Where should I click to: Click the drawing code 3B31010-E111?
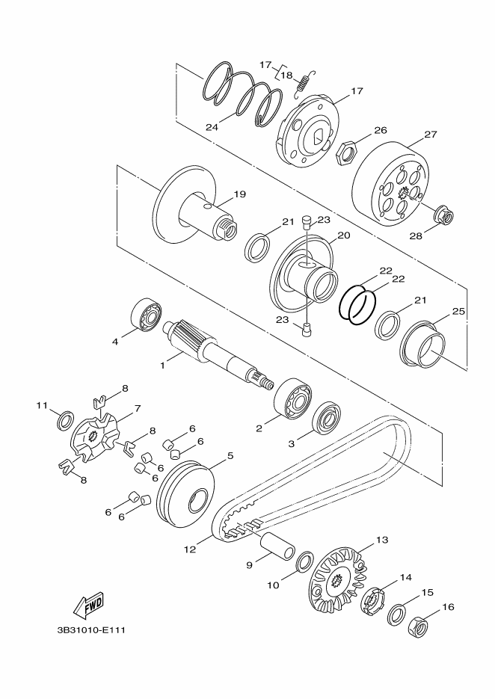coord(90,630)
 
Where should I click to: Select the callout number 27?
coord(431,134)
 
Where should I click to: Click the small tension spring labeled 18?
coord(304,84)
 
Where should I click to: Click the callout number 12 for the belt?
coord(190,549)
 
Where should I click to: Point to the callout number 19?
coord(239,194)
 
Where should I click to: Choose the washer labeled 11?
coord(67,420)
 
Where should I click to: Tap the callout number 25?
coord(458,311)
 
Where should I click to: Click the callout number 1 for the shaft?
coord(163,366)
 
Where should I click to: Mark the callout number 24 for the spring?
coord(212,127)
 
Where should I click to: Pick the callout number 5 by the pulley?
coord(230,455)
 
